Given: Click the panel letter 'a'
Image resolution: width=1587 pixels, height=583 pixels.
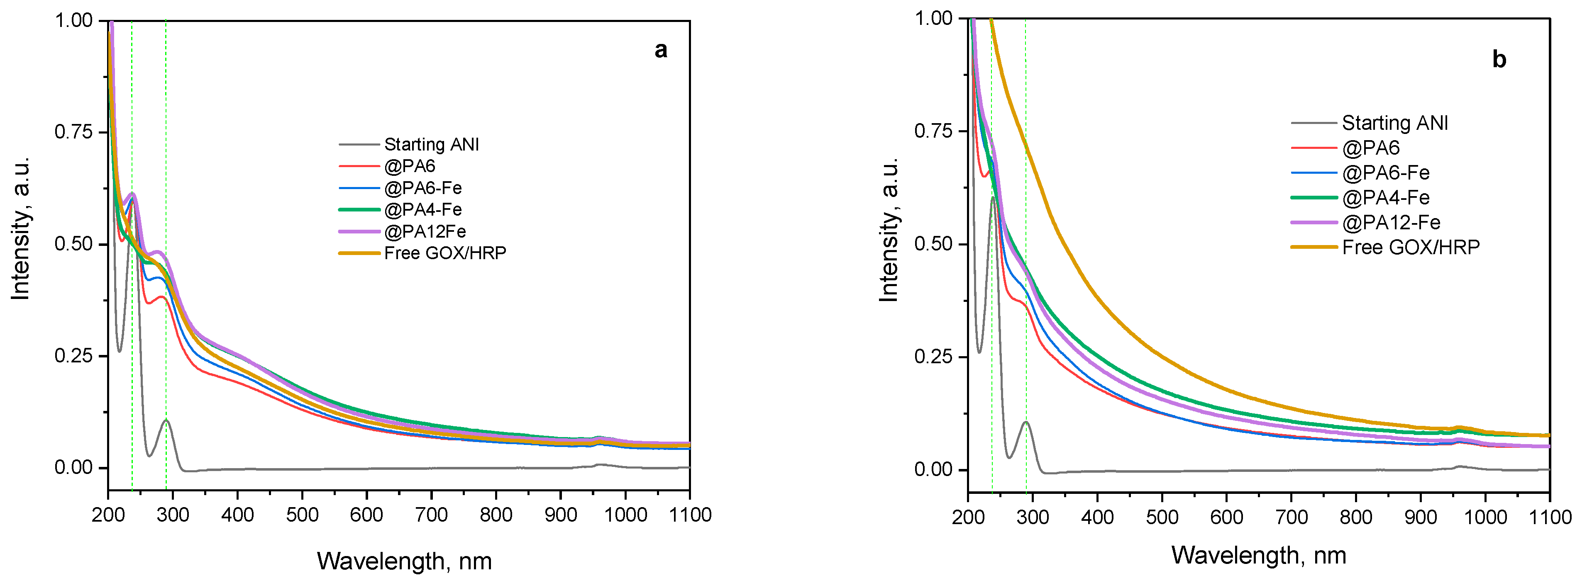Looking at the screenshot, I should tap(660, 50).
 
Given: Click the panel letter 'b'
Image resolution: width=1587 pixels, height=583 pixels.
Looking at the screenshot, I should tap(1499, 60).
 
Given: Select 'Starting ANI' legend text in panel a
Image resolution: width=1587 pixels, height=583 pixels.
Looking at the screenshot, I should tap(431, 145).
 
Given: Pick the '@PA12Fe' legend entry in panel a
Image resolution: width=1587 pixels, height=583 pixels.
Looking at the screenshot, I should tap(425, 231).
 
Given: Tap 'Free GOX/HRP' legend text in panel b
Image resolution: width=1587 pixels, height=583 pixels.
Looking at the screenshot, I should tap(1411, 248).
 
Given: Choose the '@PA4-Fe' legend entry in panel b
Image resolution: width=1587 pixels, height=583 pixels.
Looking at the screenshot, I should tap(1386, 198).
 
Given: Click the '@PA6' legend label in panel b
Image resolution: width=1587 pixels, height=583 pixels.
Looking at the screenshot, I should tap(1371, 148).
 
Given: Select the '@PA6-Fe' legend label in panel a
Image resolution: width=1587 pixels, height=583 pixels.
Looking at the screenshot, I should tap(422, 188).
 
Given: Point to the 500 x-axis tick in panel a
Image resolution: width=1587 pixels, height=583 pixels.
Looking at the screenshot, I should tap(302, 515).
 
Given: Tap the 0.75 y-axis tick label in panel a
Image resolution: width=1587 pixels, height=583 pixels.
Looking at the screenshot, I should tap(73, 132).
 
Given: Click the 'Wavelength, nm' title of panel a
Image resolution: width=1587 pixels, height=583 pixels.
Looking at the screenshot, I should tap(404, 561).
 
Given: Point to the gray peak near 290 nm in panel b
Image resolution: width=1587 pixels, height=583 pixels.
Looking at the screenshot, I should tap(1026, 422).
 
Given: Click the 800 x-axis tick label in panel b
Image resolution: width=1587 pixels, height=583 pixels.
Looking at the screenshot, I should tap(1356, 517).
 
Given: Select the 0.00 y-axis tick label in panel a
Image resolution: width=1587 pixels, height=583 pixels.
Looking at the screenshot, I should tap(73, 468).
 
